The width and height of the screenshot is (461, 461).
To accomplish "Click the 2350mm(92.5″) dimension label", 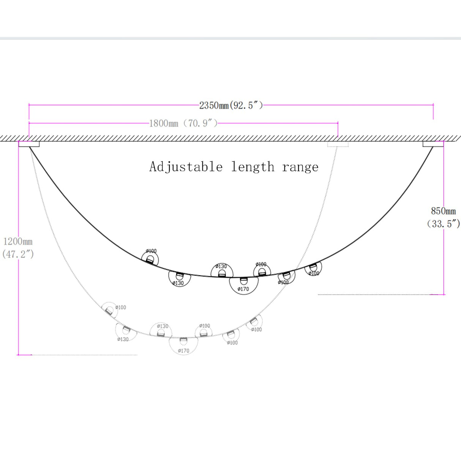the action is click(231, 105).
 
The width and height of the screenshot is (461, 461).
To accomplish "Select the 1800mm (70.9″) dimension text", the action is click(183, 123).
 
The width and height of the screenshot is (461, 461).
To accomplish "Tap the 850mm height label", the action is click(443, 211).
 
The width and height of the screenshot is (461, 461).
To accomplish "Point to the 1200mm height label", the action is click(18, 242).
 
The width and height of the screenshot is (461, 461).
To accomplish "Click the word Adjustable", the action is click(186, 167).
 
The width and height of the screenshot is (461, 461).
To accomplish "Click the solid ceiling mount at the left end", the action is click(29, 144).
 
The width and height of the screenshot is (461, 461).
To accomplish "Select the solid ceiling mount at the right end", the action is click(433, 144).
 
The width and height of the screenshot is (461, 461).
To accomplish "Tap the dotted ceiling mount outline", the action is click(338, 144).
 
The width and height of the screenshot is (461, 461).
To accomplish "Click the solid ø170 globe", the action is click(244, 286).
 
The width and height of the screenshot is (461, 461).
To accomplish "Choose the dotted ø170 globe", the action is click(183, 346).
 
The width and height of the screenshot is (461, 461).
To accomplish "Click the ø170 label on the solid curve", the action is click(243, 289).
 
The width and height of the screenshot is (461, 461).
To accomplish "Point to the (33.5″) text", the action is click(443, 224).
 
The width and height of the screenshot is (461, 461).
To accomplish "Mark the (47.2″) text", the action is click(18, 254).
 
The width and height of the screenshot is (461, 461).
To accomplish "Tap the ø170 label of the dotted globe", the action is click(183, 351).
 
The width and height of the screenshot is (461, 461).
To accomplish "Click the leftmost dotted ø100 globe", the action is click(109, 310).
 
